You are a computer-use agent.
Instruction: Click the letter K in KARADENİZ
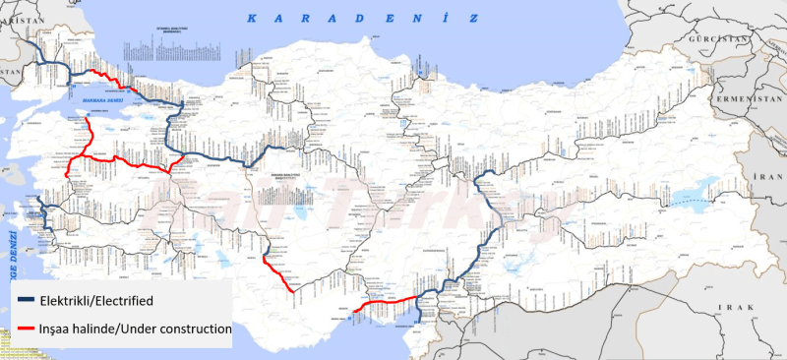click(251, 18)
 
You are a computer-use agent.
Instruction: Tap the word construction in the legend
click(186, 328)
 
